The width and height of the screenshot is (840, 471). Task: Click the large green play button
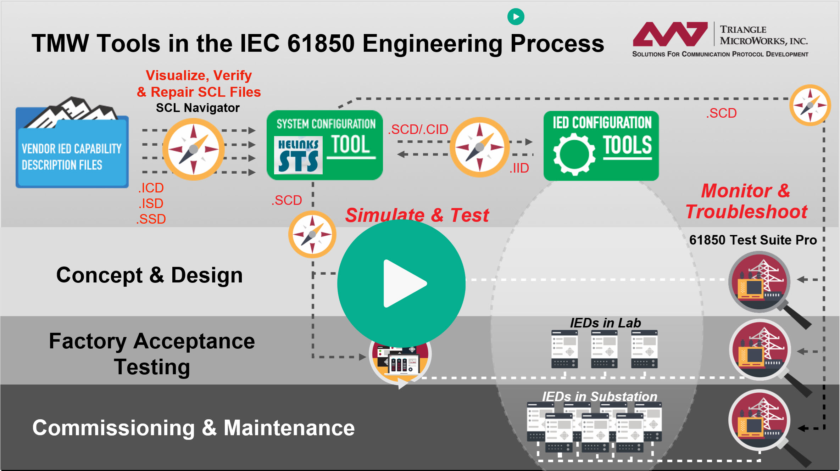click(401, 284)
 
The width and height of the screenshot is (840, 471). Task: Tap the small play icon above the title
click(516, 17)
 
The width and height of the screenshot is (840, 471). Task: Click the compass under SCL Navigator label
click(193, 149)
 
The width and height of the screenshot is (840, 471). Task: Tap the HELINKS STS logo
click(298, 155)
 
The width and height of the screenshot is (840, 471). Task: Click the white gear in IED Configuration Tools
click(574, 155)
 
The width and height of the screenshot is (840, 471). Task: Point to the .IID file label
click(519, 168)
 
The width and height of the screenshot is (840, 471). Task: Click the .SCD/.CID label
click(418, 129)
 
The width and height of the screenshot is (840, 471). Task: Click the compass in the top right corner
click(810, 105)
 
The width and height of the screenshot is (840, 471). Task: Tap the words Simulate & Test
click(417, 215)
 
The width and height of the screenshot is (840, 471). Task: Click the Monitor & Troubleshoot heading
click(746, 201)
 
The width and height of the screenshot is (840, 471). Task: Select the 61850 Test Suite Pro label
click(753, 240)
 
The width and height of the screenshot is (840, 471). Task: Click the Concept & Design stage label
click(149, 275)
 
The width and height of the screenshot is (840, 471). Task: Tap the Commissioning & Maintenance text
click(193, 428)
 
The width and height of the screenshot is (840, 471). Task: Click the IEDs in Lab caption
click(605, 323)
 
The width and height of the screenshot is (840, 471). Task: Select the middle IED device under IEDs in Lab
click(604, 349)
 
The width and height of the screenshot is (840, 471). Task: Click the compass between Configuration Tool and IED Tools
click(479, 147)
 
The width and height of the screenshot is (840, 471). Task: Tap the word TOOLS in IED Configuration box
click(627, 145)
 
